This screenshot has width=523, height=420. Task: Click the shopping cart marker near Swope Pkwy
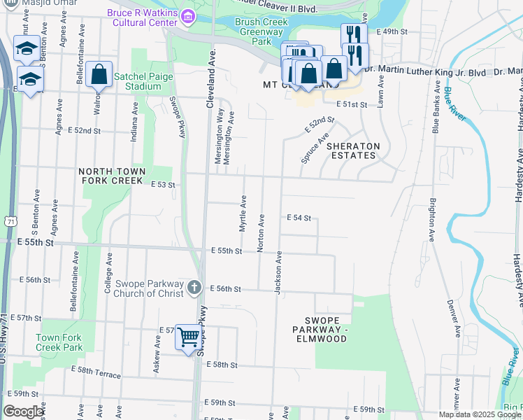(x=188, y=337)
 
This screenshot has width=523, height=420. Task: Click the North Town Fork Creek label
(x=112, y=176)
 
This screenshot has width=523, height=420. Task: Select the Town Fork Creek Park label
(x=59, y=342)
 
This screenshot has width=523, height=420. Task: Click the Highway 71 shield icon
(x=9, y=221)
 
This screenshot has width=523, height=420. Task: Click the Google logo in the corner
(x=23, y=412)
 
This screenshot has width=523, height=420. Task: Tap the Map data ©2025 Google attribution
(x=480, y=414)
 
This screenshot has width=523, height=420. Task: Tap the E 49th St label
(x=392, y=32)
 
